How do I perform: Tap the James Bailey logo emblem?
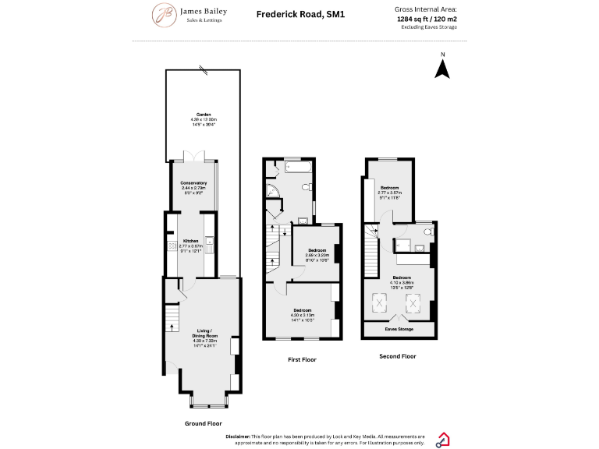click(164, 15)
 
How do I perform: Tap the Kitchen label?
click(191, 241)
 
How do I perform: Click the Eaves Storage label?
click(399, 329)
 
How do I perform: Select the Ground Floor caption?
click(204, 423)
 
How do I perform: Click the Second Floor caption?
click(398, 355)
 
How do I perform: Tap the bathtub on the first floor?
click(298, 167)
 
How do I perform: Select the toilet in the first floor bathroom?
click(308, 188)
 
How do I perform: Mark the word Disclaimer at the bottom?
click(237, 437)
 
